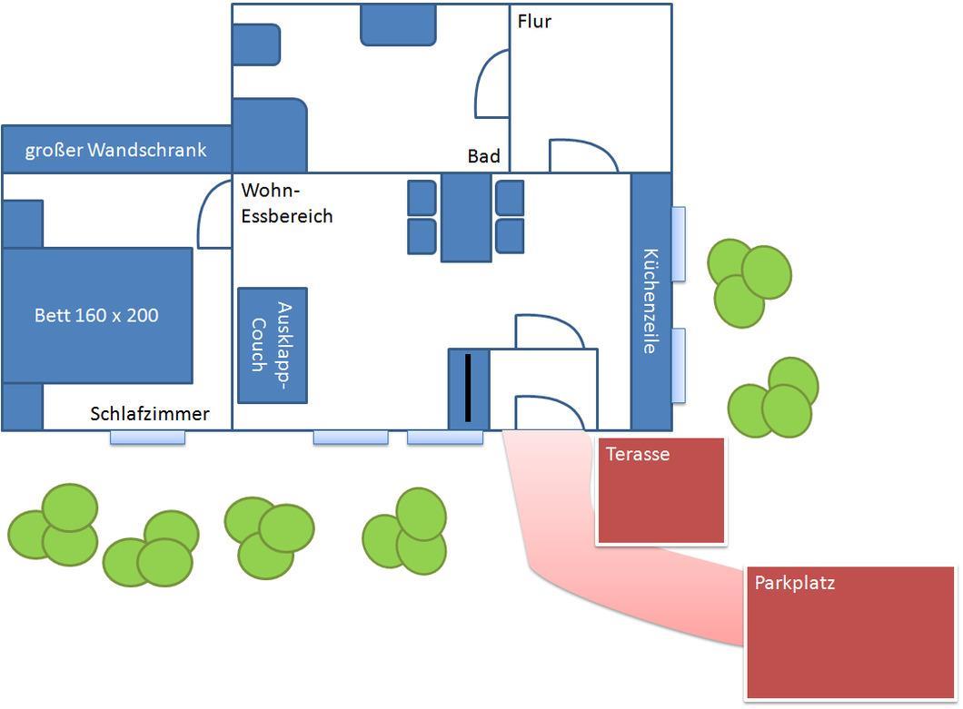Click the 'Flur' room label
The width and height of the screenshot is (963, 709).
pyautogui.click(x=534, y=22)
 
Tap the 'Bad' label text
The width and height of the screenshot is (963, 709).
pyautogui.click(x=484, y=156)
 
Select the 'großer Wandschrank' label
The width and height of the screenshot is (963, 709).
pyautogui.click(x=115, y=150)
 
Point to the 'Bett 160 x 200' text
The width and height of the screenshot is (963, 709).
pyautogui.click(x=96, y=315)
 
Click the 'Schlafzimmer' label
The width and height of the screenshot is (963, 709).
pyautogui.click(x=150, y=413)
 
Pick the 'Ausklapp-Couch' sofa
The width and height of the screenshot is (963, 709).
pyautogui.click(x=273, y=346)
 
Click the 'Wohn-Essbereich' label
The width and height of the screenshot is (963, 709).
pyautogui.click(x=287, y=203)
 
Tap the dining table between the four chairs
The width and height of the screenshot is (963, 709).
pyautogui.click(x=466, y=217)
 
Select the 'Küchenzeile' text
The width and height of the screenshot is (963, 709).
pyautogui.click(x=651, y=300)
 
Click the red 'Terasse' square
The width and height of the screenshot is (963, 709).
pyautogui.click(x=661, y=490)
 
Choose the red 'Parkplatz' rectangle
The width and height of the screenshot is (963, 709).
pyautogui.click(x=850, y=633)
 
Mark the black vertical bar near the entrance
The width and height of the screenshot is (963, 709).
pyautogui.click(x=468, y=388)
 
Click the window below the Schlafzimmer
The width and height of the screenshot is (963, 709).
pyautogui.click(x=147, y=437)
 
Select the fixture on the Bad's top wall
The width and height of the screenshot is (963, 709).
pyautogui.click(x=398, y=25)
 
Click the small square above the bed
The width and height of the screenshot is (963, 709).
pyautogui.click(x=23, y=224)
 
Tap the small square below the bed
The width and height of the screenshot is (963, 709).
pyautogui.click(x=23, y=407)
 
